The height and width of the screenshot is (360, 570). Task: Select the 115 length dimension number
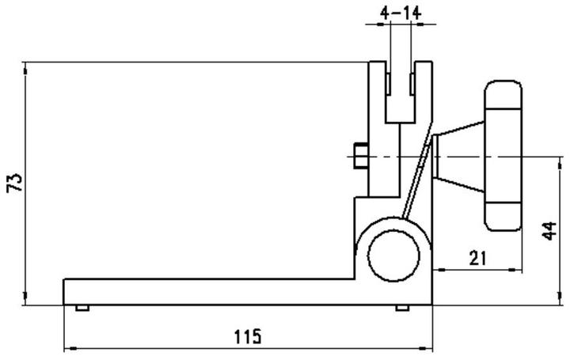(x=248, y=336)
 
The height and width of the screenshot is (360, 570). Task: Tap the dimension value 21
(x=477, y=257)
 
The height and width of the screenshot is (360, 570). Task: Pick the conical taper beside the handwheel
(x=459, y=157)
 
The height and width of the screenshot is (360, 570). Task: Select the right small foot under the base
(x=402, y=308)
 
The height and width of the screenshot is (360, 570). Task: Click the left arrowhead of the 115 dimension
(x=69, y=347)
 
